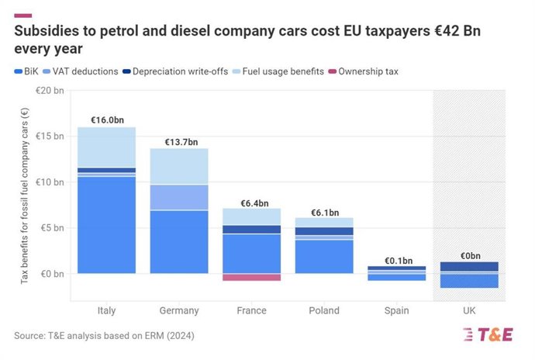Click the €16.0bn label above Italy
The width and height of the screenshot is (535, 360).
pos(106,120)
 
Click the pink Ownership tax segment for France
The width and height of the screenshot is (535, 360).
pos(252,277)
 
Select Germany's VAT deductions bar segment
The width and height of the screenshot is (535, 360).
pos(179,197)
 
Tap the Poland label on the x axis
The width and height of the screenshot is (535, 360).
pos(325,310)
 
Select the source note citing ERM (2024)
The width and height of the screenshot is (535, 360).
pos(104,336)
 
